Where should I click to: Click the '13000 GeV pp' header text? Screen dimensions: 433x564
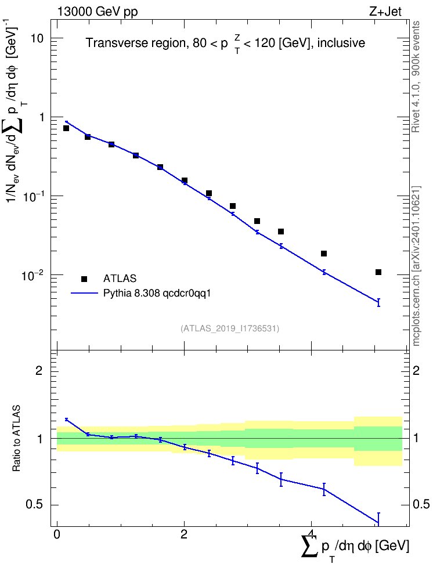coord(97,12)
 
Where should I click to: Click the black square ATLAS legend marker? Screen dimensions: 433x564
coord(84,279)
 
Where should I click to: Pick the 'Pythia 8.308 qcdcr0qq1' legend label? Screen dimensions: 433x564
coord(157,293)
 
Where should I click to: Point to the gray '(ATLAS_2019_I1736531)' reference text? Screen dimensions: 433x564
coord(230,328)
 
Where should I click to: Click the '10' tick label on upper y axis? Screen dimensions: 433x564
coord(37,38)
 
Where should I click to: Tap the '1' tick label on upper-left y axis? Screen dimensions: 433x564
coord(41,118)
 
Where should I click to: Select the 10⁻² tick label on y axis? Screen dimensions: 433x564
coord(33,275)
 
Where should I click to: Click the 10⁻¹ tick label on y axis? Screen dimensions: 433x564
coord(33,196)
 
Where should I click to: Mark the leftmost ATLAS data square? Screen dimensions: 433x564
coord(66,128)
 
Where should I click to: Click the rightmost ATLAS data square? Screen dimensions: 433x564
coord(378,272)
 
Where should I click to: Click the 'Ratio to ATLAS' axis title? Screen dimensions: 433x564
coord(16,438)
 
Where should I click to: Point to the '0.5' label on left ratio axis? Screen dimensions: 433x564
coord(34,505)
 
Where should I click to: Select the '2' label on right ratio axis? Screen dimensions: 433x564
coord(416,370)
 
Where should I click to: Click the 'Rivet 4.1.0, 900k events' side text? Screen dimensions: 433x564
coord(416,77)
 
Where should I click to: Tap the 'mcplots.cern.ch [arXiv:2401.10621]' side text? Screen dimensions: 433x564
coord(416,266)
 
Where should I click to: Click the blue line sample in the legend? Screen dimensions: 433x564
coord(84,293)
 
